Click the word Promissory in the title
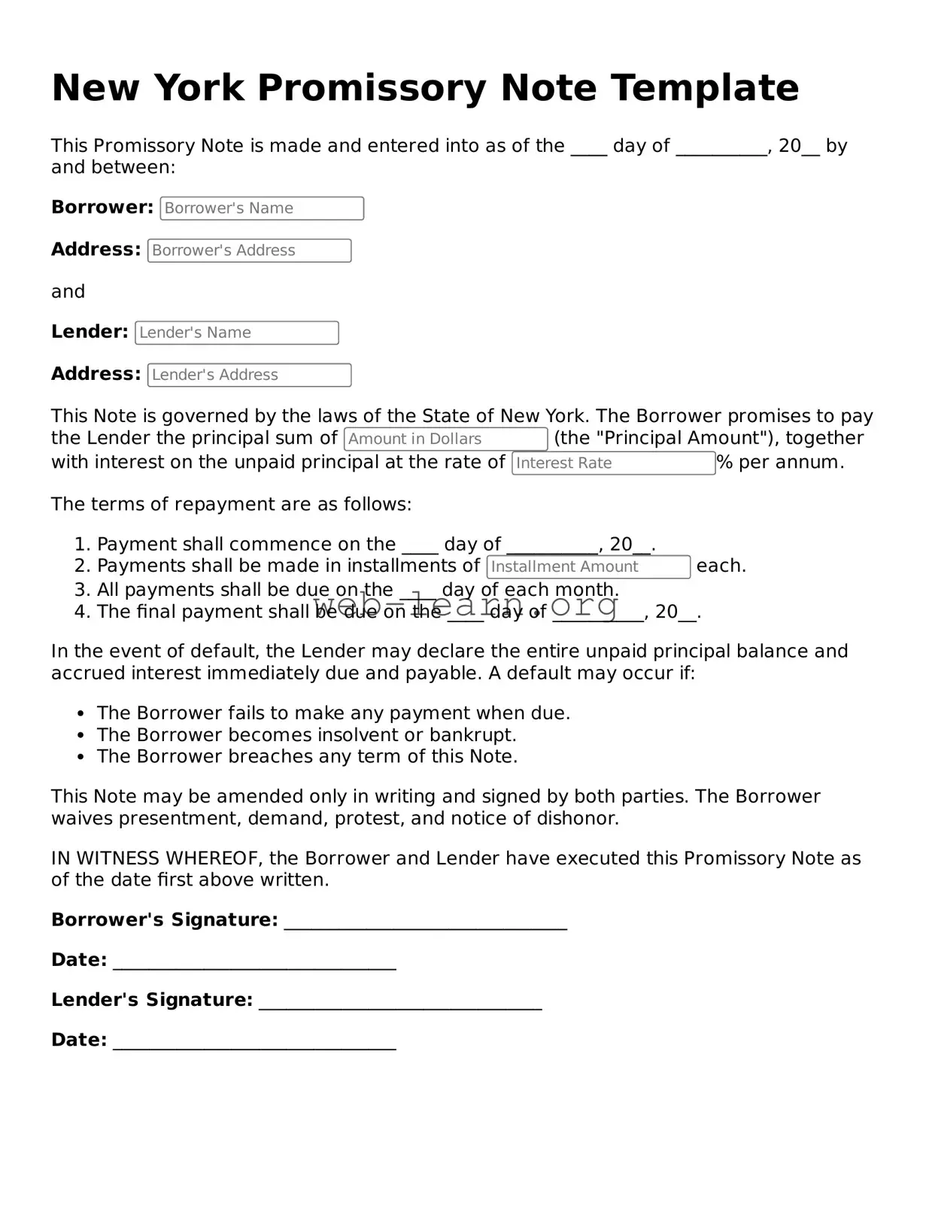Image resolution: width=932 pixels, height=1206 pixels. [373, 88]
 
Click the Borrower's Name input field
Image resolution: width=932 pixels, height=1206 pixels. [262, 208]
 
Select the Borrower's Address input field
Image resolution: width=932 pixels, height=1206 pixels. [249, 251]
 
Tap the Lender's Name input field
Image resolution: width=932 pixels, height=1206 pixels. [237, 333]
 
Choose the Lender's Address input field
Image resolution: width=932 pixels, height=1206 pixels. [249, 375]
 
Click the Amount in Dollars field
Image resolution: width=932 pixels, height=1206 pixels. [445, 439]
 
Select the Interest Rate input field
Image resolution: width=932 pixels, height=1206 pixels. [613, 463]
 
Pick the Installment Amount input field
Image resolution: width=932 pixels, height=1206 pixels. [588, 567]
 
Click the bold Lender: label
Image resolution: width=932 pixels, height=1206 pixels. [90, 332]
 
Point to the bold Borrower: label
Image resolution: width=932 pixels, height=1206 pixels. [102, 208]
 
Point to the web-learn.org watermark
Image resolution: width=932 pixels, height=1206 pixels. [466, 604]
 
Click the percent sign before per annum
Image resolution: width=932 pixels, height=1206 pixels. [724, 463]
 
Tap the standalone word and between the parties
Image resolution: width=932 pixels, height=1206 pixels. [68, 292]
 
